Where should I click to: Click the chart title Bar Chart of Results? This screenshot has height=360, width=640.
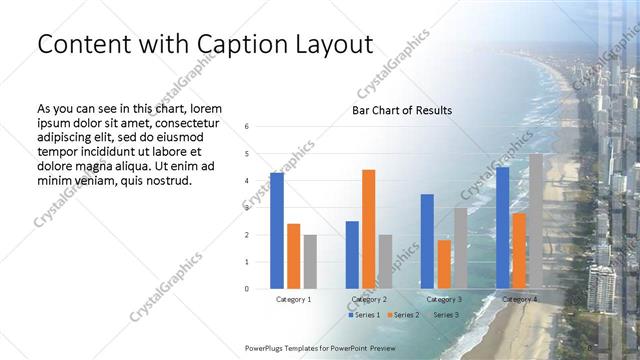pyautogui.click(x=401, y=110)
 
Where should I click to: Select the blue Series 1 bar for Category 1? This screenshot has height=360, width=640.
pyautogui.click(x=276, y=230)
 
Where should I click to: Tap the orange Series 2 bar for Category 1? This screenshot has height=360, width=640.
pyautogui.click(x=293, y=256)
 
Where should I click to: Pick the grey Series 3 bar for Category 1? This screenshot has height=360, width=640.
pyautogui.click(x=310, y=261)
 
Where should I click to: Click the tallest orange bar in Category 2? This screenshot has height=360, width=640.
pyautogui.click(x=368, y=229)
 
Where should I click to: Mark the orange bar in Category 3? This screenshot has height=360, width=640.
pyautogui.click(x=444, y=264)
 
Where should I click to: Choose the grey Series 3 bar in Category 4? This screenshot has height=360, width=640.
pyautogui.click(x=536, y=221)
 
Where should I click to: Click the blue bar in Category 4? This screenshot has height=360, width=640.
pyautogui.click(x=502, y=228)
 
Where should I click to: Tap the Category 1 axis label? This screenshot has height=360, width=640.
pyautogui.click(x=293, y=299)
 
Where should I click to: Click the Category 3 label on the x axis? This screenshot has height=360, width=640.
pyautogui.click(x=444, y=299)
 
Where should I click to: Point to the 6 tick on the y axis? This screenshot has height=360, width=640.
pyautogui.click(x=247, y=127)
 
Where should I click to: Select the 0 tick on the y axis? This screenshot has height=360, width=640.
pyautogui.click(x=247, y=289)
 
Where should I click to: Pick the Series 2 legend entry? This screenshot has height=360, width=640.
pyautogui.click(x=404, y=315)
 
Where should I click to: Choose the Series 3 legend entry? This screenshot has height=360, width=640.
pyautogui.click(x=446, y=315)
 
